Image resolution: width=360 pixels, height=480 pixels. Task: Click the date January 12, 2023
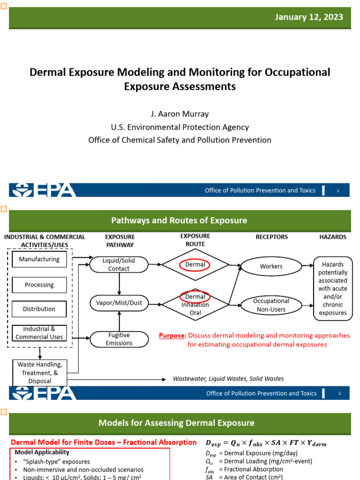[309, 17]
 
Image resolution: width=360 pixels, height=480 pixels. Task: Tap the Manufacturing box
[39, 259]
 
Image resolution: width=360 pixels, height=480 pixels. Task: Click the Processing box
[39, 285]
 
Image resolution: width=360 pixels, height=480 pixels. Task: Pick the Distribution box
[39, 309]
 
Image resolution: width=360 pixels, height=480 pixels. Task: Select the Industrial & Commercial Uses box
[39, 333]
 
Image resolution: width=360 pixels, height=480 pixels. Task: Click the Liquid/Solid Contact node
[119, 264]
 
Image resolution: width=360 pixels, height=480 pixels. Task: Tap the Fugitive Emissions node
[119, 339]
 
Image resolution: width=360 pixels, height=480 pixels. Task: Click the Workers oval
[271, 266]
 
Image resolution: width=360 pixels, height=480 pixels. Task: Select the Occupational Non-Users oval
[271, 305]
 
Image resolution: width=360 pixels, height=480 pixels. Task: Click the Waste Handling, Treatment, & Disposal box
[40, 373]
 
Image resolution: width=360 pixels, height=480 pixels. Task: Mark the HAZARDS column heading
[333, 237]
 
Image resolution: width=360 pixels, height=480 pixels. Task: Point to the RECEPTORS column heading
[272, 237]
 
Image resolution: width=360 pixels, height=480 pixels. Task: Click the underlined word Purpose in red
[172, 336]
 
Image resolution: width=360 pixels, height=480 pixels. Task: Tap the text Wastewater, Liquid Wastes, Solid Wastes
[228, 379]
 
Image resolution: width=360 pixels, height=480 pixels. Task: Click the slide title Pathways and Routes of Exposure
[179, 220]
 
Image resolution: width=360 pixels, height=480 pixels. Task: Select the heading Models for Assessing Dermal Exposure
[176, 423]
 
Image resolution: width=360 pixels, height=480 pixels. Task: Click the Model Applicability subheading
[42, 452]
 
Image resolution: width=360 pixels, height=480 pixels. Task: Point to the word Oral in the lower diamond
[195, 313]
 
